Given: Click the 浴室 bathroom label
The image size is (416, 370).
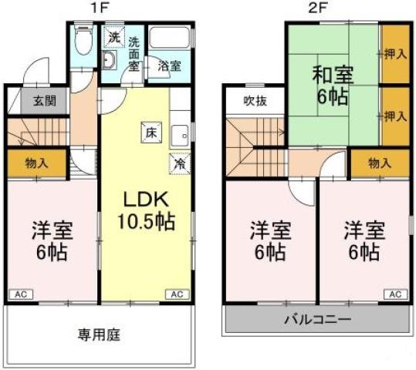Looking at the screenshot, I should (x=170, y=66).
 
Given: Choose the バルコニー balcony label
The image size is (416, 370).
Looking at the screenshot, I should (x=317, y=320).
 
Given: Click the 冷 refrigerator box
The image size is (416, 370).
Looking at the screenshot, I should (x=178, y=163).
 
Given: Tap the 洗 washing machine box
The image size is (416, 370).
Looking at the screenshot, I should (x=113, y=36).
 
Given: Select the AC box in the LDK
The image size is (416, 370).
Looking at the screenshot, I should (x=177, y=294).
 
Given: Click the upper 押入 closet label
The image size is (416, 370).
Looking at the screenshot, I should (x=395, y=54).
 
